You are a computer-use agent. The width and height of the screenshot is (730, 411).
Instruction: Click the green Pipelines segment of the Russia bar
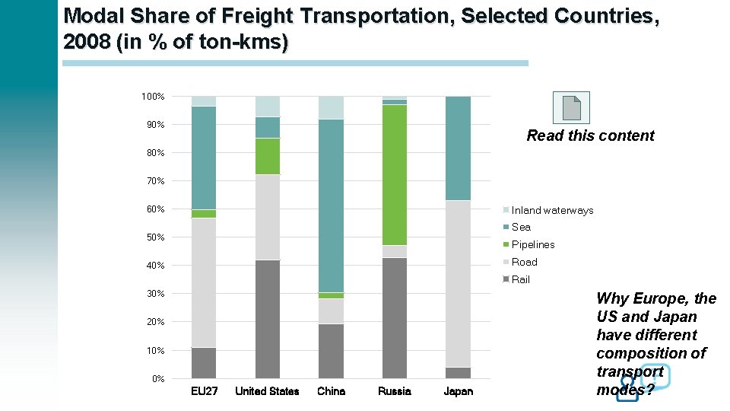click(x=394, y=174)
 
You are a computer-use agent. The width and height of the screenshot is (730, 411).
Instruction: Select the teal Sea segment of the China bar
click(x=331, y=205)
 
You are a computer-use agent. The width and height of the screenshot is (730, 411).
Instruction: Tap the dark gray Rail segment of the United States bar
click(x=267, y=319)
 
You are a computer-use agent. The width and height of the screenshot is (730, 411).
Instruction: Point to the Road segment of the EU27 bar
click(x=204, y=282)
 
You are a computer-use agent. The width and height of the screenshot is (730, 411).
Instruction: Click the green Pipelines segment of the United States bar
click(x=267, y=156)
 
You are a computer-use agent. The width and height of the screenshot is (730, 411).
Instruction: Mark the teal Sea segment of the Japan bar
click(x=458, y=148)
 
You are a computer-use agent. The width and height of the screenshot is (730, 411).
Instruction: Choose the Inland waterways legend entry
click(x=552, y=210)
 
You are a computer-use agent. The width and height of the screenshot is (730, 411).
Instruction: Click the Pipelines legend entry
click(x=532, y=244)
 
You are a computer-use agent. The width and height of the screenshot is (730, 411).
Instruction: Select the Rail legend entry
click(x=520, y=279)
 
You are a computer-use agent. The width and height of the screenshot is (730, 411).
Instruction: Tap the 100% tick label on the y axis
click(x=153, y=97)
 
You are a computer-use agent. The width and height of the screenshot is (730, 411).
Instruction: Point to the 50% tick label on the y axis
click(x=155, y=237)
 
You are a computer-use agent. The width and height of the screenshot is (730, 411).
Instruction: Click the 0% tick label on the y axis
click(x=157, y=378)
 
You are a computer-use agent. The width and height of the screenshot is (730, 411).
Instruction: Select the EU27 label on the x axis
click(x=204, y=391)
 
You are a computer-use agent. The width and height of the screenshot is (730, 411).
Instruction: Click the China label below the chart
click(x=331, y=391)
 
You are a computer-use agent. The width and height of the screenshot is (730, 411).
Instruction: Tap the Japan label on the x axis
click(x=458, y=391)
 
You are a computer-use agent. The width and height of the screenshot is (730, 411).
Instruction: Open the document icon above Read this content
click(x=571, y=107)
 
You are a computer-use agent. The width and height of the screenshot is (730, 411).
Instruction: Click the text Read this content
click(x=590, y=135)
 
